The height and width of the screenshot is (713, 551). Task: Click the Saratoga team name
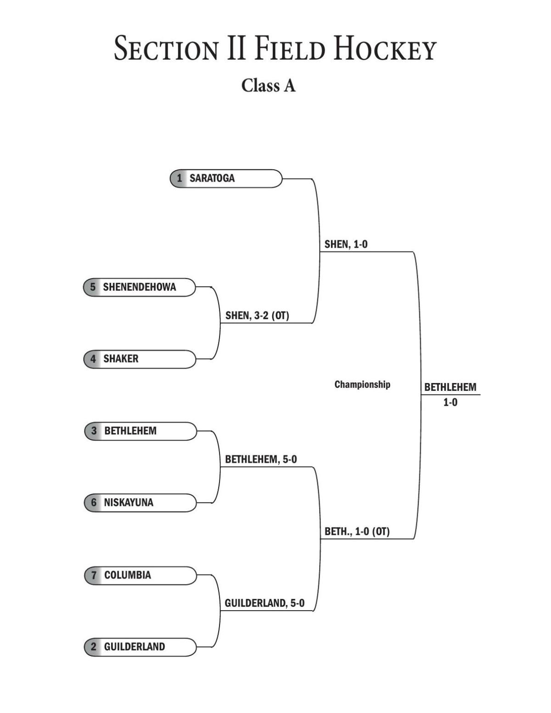tap(212, 178)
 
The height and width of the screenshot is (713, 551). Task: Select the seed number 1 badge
tap(180, 178)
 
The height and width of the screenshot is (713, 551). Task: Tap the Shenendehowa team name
tap(139, 287)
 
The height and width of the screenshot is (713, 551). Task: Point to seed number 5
tap(93, 287)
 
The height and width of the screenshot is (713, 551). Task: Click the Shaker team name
tap(120, 359)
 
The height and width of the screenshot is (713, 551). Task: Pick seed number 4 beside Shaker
tap(93, 359)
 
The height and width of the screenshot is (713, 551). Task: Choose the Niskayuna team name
tap(128, 502)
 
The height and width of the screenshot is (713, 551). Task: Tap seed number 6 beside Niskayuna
tap(94, 502)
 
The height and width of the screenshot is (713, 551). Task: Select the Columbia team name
tap(127, 575)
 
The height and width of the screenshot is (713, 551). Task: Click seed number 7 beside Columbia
tap(94, 575)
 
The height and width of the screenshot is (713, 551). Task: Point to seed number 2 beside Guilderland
tap(94, 646)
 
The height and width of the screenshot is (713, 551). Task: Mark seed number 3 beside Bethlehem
tap(94, 431)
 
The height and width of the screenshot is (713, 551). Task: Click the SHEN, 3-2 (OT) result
tap(257, 316)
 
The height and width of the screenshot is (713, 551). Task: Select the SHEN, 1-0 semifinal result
tap(346, 244)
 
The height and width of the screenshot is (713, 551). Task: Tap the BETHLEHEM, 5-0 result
tap(261, 459)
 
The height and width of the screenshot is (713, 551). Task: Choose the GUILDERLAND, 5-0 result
tap(264, 603)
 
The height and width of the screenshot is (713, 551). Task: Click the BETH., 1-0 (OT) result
tap(357, 531)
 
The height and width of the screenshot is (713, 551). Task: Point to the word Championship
tap(362, 384)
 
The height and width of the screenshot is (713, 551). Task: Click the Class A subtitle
tap(269, 85)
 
